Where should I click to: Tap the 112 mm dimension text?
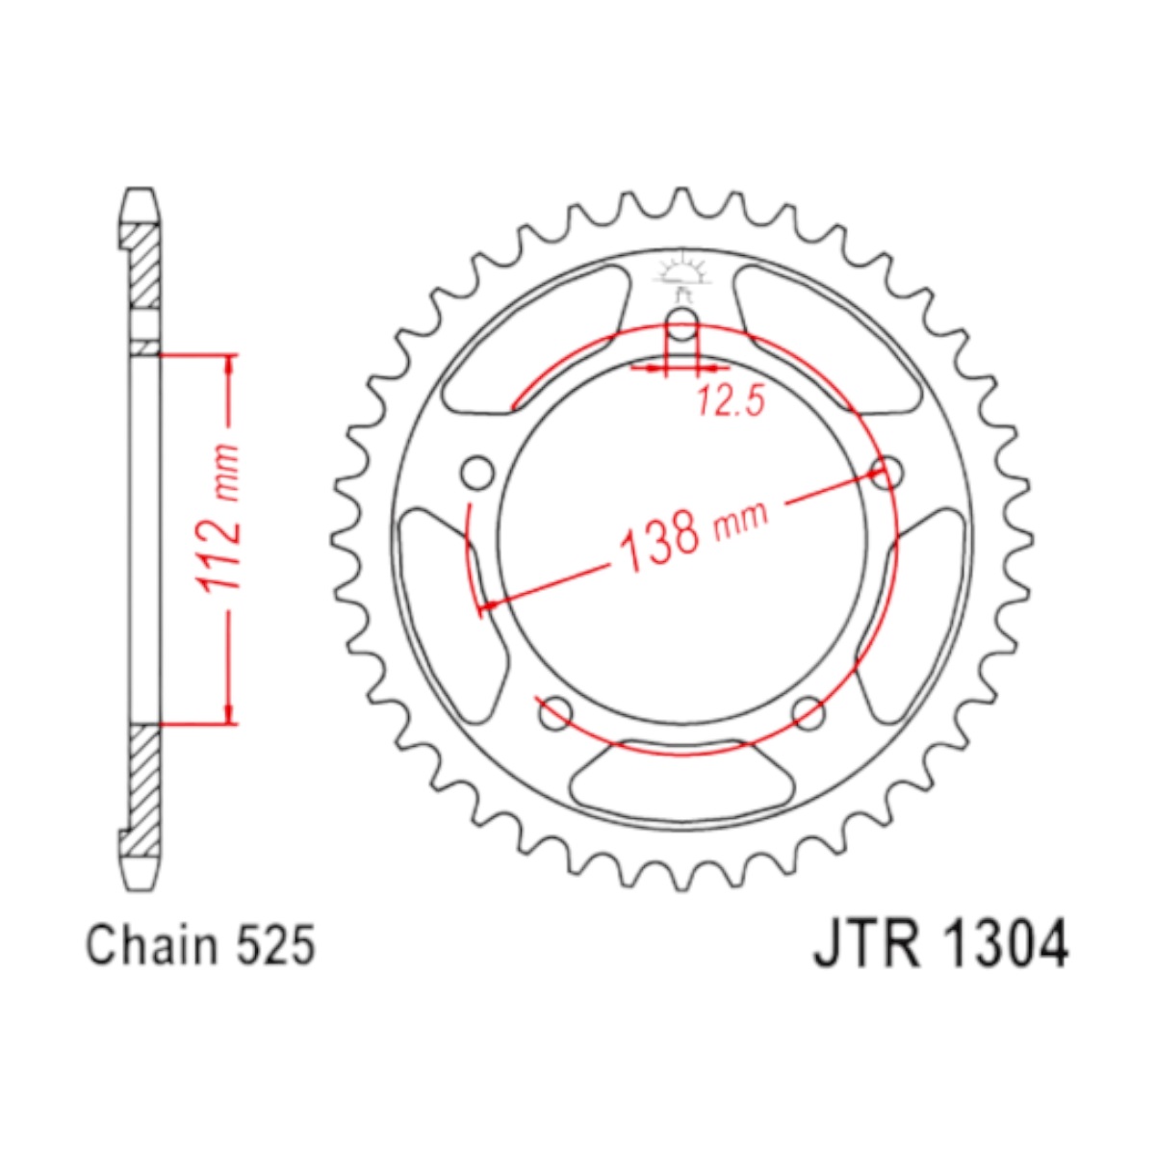point(219,519)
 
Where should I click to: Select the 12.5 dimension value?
point(731,401)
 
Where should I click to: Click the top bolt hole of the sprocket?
point(682,324)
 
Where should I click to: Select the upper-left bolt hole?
point(477,474)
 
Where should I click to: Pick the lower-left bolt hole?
point(556,713)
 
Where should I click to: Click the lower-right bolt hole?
point(808,713)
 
